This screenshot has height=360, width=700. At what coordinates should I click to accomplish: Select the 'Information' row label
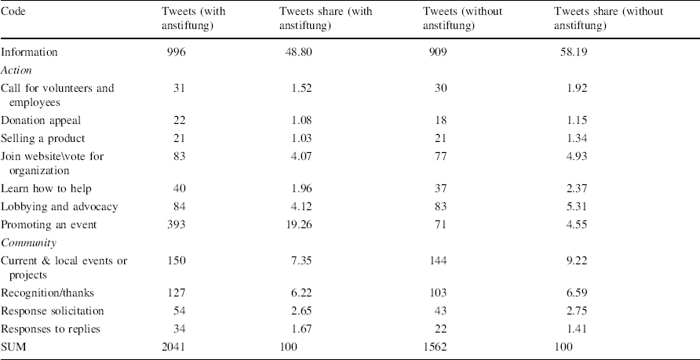click(x=29, y=53)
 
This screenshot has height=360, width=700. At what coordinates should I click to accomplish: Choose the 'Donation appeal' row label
click(x=40, y=120)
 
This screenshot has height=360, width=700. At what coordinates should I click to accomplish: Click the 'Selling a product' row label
click(x=42, y=138)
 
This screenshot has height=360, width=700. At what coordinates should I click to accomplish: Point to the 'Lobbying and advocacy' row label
click(x=60, y=207)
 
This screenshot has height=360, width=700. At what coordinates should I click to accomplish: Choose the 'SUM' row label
click(x=13, y=346)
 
